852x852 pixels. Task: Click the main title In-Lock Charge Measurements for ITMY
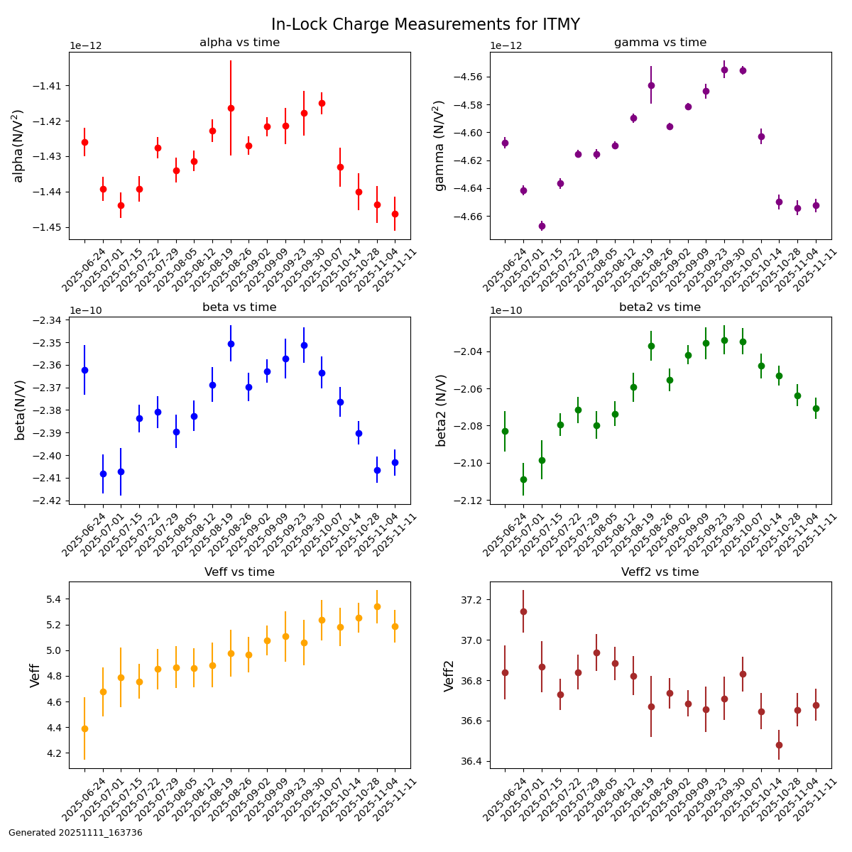(425, 25)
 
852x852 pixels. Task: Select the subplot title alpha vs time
(239, 43)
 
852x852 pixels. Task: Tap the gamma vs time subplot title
(660, 43)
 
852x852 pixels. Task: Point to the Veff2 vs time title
(660, 572)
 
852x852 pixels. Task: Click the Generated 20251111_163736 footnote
(75, 833)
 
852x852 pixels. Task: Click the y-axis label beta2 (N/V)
(442, 410)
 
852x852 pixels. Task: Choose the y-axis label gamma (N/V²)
(440, 146)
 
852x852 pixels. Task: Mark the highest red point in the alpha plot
(322, 103)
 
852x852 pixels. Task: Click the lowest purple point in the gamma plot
(542, 226)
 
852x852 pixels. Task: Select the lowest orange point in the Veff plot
(84, 728)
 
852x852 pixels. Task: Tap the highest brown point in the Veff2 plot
(523, 611)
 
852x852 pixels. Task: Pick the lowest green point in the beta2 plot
(523, 479)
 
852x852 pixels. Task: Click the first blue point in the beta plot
(84, 370)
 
